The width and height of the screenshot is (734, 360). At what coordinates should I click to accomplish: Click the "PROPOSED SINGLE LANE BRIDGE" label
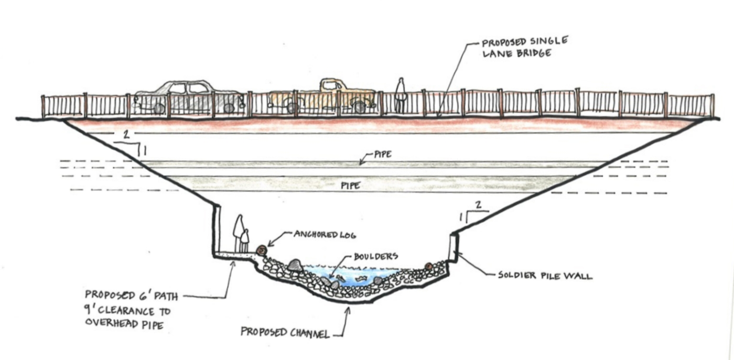click(525, 47)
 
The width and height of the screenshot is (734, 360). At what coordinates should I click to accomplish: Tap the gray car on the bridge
click(189, 96)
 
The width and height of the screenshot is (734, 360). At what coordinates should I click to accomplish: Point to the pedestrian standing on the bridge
click(401, 94)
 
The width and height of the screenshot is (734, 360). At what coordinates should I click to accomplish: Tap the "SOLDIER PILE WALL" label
click(545, 275)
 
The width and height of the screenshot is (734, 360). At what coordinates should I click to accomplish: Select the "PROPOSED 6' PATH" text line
click(131, 296)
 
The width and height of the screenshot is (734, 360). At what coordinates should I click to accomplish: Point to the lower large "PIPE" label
click(350, 185)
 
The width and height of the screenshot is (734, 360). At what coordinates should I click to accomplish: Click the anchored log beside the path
click(261, 250)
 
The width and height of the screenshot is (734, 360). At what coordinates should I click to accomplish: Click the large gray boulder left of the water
click(295, 266)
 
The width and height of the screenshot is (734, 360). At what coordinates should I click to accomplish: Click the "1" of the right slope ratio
click(461, 216)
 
